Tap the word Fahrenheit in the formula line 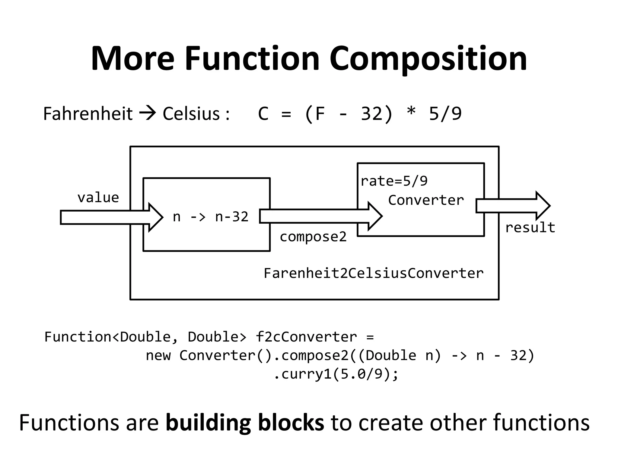click(x=88, y=114)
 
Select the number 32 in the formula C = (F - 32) click(x=372, y=114)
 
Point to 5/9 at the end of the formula click(x=445, y=114)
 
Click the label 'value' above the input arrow click(x=98, y=198)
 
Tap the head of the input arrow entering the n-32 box click(x=156, y=217)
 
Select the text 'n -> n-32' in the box click(x=210, y=217)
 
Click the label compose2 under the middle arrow click(x=313, y=237)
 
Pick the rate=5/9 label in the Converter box click(x=394, y=181)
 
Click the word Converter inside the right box click(x=426, y=200)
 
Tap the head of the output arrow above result click(x=543, y=206)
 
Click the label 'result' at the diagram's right click(x=530, y=227)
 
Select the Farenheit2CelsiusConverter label click(x=374, y=273)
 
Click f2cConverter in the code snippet click(x=306, y=337)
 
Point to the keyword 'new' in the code click(x=158, y=356)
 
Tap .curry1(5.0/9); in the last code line click(x=336, y=374)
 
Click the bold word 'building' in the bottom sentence click(x=208, y=423)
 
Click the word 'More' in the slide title click(x=132, y=59)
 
